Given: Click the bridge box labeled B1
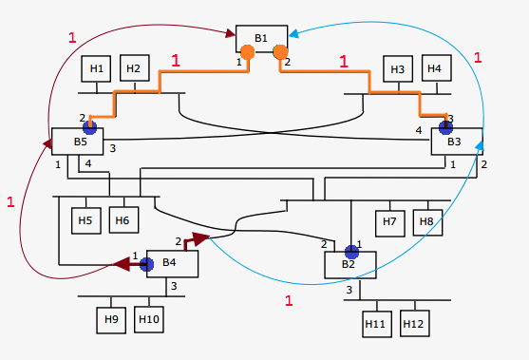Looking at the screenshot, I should pos(261,38).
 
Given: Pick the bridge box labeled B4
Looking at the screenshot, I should pos(169,264).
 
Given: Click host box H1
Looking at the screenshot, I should pos(96,68).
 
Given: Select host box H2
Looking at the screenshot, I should pos(134,68).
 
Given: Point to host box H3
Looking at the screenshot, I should pos(398,68).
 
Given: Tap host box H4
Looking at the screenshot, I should pos(435,68).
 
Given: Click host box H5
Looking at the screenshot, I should pos(85,221).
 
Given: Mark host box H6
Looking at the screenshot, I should pos(123,221).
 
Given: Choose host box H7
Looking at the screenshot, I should pos(389,221).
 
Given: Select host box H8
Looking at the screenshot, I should pos(426,221).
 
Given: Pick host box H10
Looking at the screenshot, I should pos(149,318).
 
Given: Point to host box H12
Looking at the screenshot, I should pos(414,323).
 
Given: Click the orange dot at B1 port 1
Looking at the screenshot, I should pos(247,52).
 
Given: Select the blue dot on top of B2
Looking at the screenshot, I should pos(351,251).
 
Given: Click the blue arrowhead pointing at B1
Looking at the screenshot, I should pos(295,35).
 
